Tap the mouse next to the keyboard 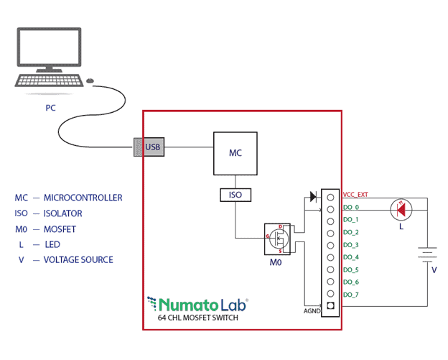90,80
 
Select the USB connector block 149,147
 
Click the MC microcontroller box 235,153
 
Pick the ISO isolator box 235,194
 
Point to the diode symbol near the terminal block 312,196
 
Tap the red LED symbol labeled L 401,209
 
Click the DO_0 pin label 351,207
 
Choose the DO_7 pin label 351,295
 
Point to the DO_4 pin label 351,257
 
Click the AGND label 312,311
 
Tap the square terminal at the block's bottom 330,306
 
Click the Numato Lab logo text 198,303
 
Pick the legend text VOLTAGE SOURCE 78,259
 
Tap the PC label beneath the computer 50,109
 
